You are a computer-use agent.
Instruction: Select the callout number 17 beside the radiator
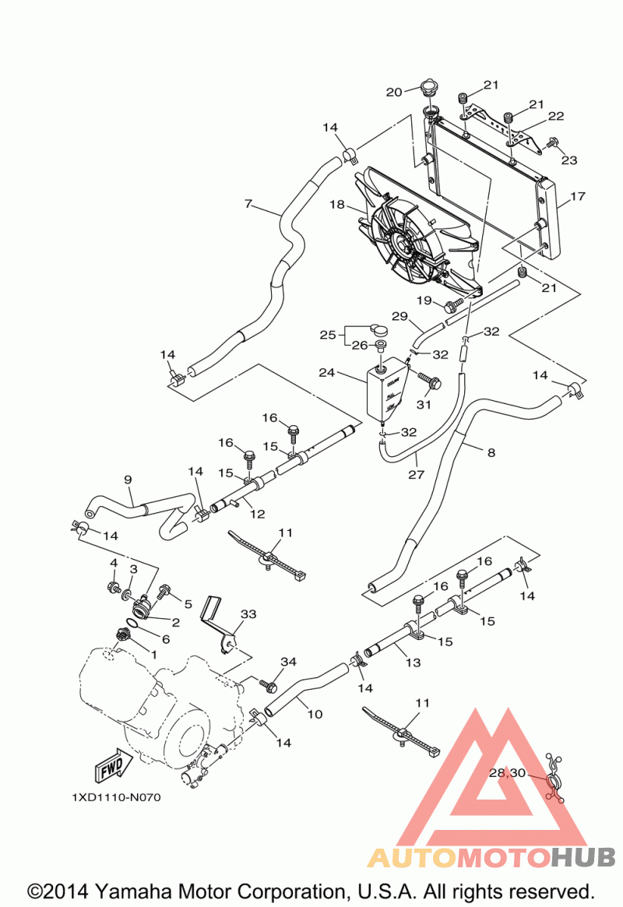pos(577,197)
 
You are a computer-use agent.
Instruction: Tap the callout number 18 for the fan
pos(336,206)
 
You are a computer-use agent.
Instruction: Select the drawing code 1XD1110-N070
pos(116,798)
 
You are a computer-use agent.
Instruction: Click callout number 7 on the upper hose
pos(248,204)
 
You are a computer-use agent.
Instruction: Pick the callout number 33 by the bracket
pos(248,613)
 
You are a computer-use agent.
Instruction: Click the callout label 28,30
pos(507,773)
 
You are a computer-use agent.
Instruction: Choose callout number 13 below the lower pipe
pos(413,663)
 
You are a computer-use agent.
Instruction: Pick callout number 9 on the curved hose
pos(128,480)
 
